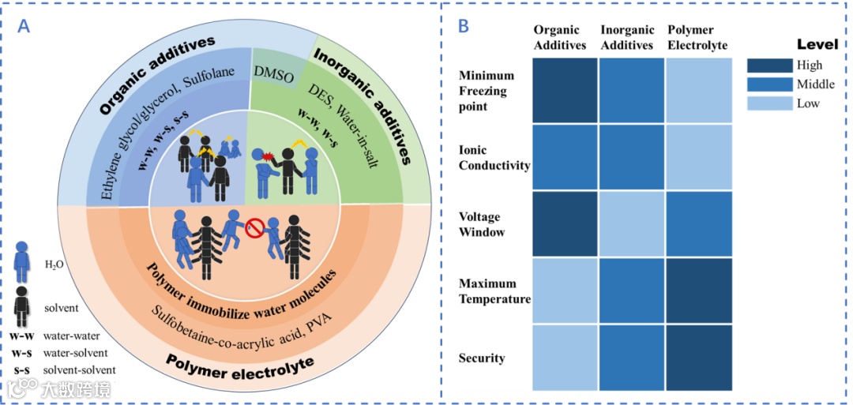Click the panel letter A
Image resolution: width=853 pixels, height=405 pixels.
[24, 26]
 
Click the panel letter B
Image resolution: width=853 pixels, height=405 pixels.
[464, 26]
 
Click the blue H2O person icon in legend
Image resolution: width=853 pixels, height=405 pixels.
[24, 263]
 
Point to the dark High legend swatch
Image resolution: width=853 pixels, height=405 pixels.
[770, 66]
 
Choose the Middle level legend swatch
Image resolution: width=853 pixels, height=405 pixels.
[770, 84]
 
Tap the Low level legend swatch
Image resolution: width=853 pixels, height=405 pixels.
[770, 103]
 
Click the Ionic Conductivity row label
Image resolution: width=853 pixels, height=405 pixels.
[494, 157]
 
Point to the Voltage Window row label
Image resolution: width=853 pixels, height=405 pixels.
[483, 224]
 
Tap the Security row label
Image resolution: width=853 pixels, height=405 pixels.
[481, 358]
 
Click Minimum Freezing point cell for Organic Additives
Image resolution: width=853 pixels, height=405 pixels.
[564, 90]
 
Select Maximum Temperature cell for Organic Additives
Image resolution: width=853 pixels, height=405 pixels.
[564, 291]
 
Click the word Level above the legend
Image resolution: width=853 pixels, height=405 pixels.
[817, 44]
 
